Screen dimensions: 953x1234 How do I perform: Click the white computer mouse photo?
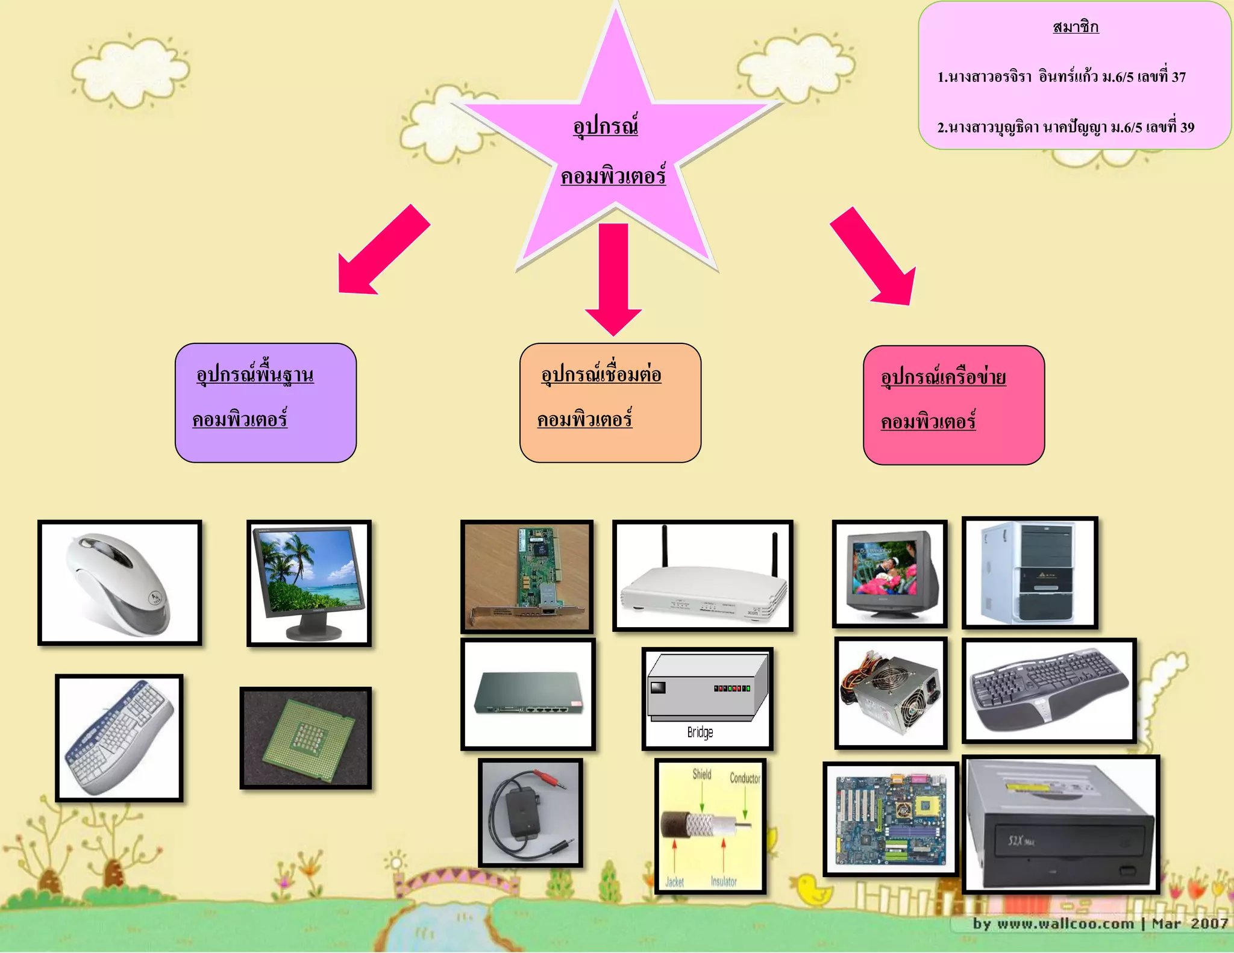[x=119, y=583]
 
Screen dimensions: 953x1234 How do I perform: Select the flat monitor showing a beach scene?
[x=309, y=583]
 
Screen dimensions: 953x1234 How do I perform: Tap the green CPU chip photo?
[x=305, y=738]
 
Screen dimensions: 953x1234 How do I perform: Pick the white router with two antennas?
[x=703, y=576]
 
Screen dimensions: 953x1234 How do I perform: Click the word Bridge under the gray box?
[x=700, y=733]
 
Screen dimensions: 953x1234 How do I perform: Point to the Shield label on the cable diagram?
[x=702, y=774]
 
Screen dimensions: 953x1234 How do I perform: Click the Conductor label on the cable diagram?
[x=745, y=778]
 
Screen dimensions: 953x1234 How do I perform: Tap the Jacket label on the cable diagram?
[x=675, y=882]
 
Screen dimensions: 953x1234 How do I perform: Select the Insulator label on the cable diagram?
[x=724, y=881]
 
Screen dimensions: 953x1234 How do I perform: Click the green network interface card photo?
[x=527, y=576]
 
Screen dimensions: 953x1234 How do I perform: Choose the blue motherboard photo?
[x=891, y=819]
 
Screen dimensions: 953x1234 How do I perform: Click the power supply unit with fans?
[x=891, y=693]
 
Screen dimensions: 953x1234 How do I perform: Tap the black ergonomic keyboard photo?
[x=1049, y=690]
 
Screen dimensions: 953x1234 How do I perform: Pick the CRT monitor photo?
[x=890, y=573]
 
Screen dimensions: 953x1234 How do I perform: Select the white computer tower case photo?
[x=1030, y=572]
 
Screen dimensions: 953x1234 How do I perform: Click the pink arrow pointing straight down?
[x=613, y=277]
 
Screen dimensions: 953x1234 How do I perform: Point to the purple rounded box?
[x=266, y=402]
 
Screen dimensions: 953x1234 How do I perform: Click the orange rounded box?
[x=610, y=402]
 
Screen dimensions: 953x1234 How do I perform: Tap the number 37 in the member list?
[x=1179, y=77]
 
